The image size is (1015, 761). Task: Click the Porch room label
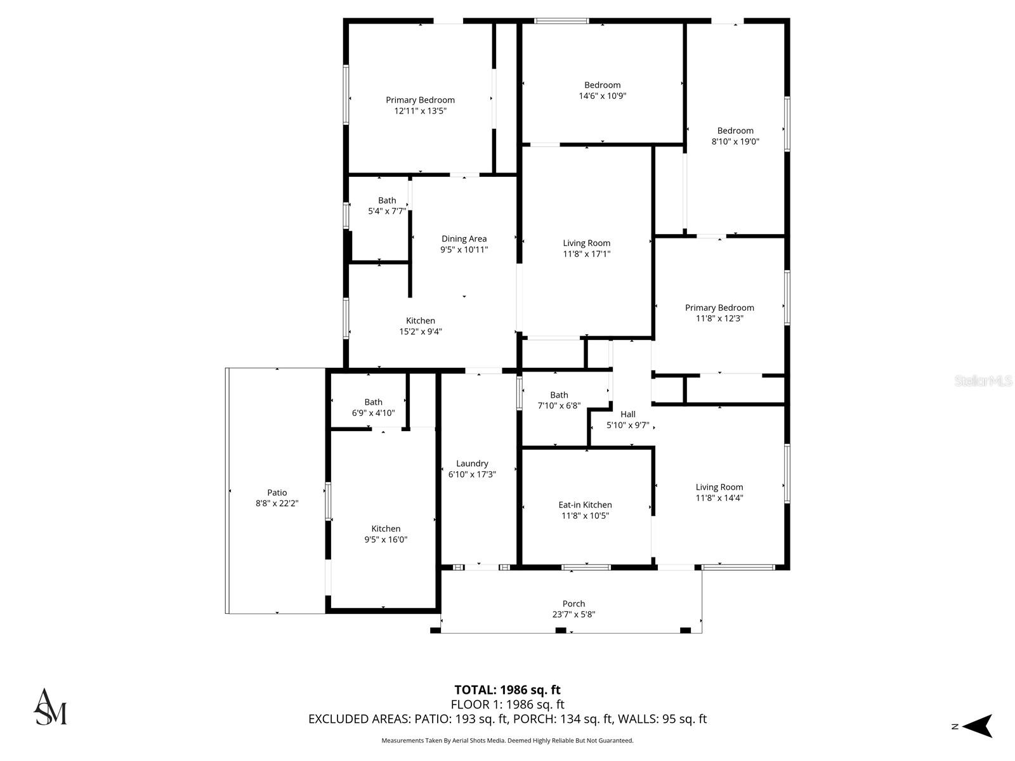coord(573,604)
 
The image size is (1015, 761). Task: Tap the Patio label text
coord(277,493)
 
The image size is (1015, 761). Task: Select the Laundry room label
coord(472,464)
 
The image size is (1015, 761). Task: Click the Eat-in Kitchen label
coord(585,505)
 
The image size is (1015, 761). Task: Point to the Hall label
coord(628,414)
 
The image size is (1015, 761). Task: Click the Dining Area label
coord(464,239)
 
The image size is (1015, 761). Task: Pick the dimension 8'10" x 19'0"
coord(735,142)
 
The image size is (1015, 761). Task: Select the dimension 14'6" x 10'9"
coord(602,96)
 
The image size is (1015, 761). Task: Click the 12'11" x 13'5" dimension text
coord(420,111)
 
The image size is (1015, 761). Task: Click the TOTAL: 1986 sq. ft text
coord(507,690)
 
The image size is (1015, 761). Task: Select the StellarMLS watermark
coord(983,381)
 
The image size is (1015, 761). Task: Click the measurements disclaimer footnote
coord(507,741)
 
